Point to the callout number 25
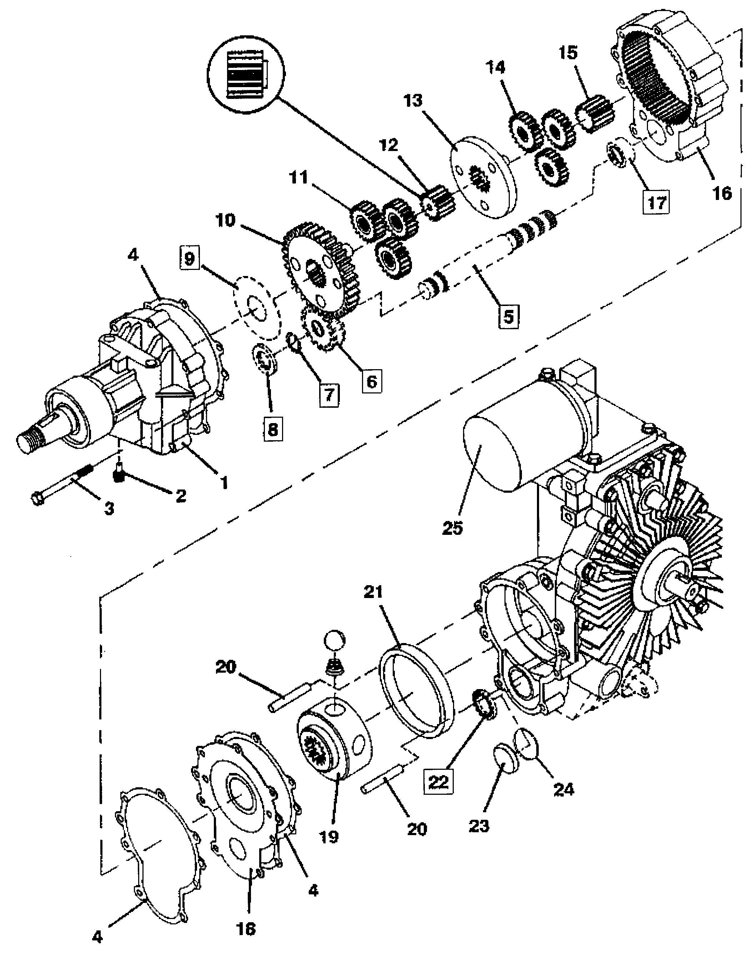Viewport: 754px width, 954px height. pos(452,528)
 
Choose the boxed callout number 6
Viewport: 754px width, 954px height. pos(372,381)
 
